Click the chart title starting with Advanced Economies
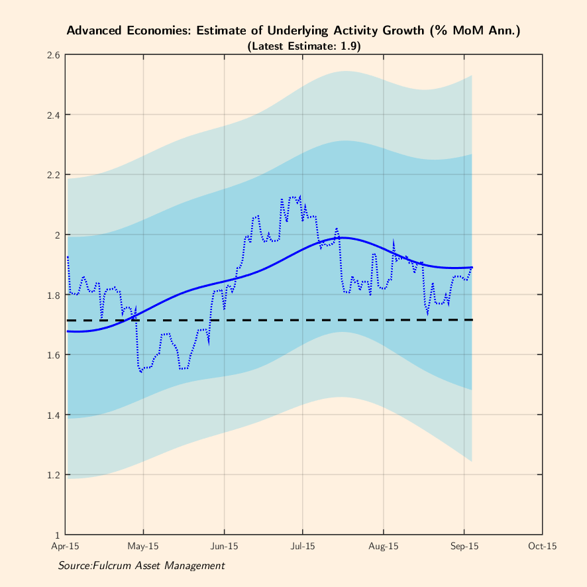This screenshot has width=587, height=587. tap(293, 32)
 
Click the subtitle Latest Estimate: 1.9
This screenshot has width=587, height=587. tap(303, 46)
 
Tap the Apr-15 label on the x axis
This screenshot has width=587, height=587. tap(65, 547)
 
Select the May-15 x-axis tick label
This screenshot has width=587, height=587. tap(143, 547)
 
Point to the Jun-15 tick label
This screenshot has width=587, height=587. tap(224, 547)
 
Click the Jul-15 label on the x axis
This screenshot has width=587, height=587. tap(302, 547)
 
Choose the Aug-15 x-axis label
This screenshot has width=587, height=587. tap(383, 547)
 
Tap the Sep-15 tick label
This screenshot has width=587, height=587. tap(464, 547)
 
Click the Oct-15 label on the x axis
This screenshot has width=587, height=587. tap(542, 547)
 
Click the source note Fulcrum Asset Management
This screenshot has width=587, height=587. tap(141, 566)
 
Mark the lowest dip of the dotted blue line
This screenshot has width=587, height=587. tap(141, 372)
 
